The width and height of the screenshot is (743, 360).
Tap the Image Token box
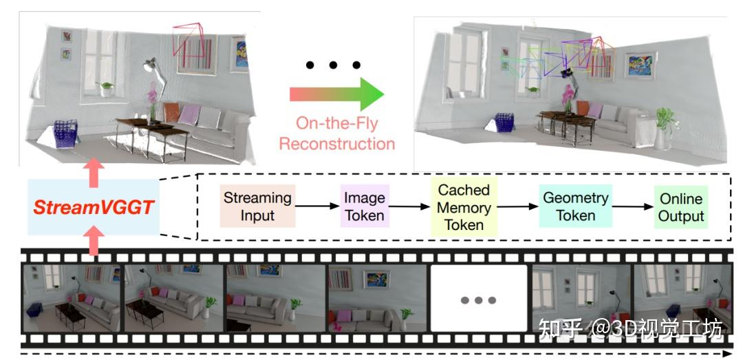click(364, 206)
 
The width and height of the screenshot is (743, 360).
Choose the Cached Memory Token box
click(464, 206)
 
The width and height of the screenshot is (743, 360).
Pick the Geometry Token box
click(575, 206)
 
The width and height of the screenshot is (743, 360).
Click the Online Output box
click(681, 207)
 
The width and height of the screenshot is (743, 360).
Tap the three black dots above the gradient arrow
click(333, 65)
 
